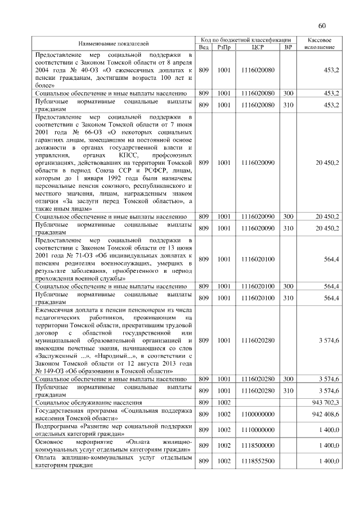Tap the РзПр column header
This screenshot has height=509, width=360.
(x=224, y=47)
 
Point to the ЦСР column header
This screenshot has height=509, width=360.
(x=258, y=47)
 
